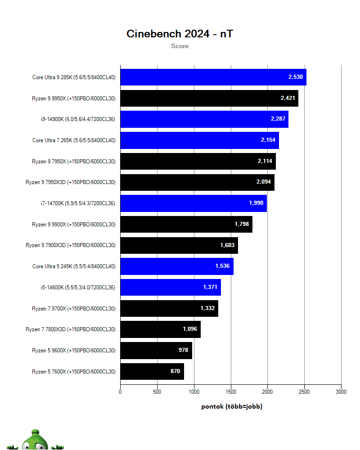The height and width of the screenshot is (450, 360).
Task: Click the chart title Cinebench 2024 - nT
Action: tap(180, 34)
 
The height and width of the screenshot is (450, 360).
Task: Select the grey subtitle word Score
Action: tap(180, 46)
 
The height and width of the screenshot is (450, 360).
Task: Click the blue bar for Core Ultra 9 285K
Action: tap(202, 77)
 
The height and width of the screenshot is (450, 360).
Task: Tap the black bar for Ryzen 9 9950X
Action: tap(198, 98)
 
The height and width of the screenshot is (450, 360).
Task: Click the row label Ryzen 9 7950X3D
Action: tap(71, 182)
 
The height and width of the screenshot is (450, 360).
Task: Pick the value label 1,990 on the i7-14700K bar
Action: tap(256, 203)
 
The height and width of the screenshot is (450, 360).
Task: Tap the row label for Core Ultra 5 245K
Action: tap(74, 266)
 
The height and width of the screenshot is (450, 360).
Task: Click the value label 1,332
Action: tap(207, 308)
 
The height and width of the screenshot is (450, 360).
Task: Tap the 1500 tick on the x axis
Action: tap(231, 392)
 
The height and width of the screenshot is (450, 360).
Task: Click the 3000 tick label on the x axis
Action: tap(341, 392)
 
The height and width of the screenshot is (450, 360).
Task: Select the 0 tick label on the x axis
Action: tap(120, 392)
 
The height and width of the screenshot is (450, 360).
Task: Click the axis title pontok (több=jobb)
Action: tap(231, 406)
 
